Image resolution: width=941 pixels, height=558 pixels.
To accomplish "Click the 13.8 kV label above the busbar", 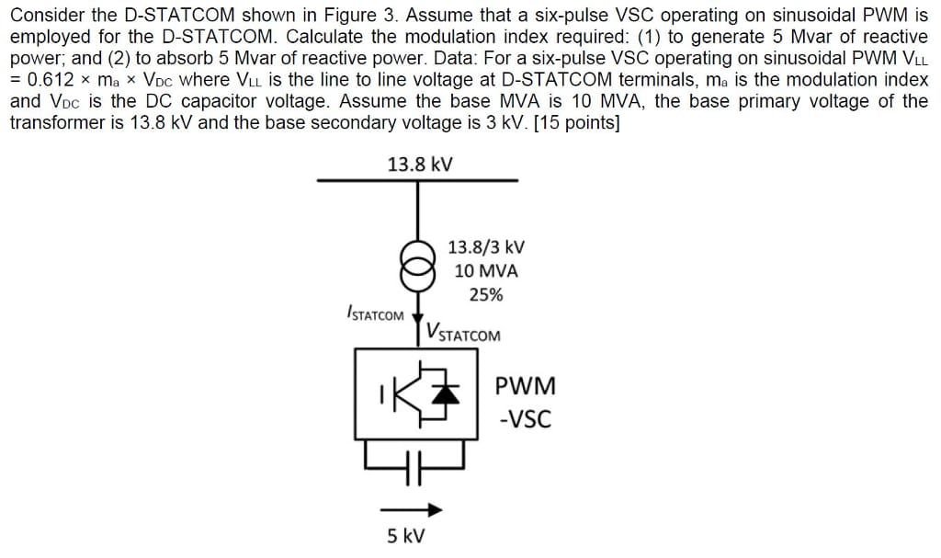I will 419,165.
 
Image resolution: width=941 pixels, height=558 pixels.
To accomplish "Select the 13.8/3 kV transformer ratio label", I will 486,246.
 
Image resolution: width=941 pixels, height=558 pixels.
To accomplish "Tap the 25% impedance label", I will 485,295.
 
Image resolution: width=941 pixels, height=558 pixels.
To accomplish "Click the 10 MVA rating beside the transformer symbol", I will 486,271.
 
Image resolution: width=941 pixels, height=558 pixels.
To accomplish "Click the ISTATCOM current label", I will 375,314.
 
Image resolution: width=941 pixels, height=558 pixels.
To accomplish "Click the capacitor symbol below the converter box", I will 419,458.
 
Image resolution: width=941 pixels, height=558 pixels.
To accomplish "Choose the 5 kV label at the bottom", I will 404,536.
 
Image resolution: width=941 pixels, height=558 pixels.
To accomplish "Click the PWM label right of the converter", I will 525,386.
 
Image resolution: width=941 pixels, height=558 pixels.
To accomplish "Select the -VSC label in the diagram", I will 525,420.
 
